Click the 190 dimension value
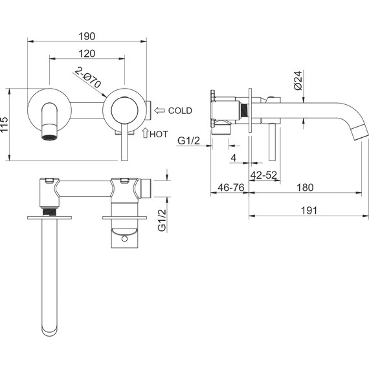(x=87, y=36)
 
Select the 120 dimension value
(x=87, y=54)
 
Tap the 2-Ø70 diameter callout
(x=88, y=78)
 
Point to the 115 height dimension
(x=5, y=124)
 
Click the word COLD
(x=180, y=111)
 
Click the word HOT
(x=159, y=134)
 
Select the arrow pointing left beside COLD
(x=159, y=110)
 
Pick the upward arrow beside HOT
(x=145, y=133)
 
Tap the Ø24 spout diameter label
(x=298, y=80)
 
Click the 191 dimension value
(x=309, y=210)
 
